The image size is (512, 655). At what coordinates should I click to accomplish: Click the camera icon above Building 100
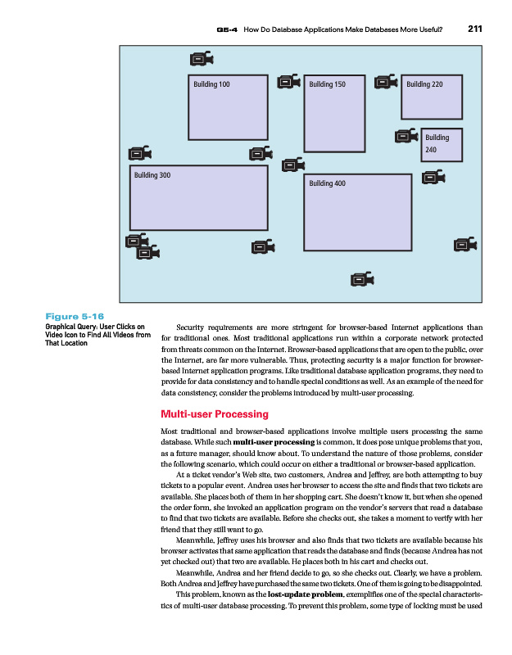(201, 59)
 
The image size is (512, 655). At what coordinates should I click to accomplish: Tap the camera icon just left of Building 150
(289, 82)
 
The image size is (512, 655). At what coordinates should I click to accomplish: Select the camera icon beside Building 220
(385, 82)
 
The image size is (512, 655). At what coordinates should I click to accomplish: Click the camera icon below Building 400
(360, 280)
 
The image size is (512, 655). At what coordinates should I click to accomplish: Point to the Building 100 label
(211, 84)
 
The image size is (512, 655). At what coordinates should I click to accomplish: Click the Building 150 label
(327, 84)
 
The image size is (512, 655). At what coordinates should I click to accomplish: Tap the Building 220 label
(424, 84)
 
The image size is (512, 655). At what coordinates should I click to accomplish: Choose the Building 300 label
(152, 175)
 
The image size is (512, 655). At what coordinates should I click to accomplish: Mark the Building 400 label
(328, 183)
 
